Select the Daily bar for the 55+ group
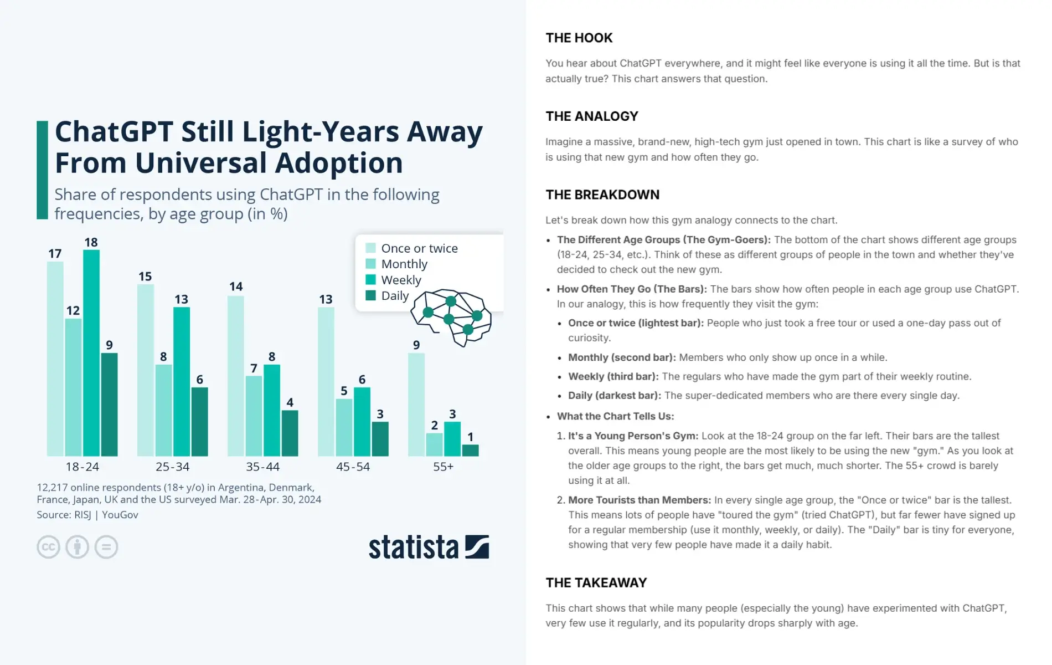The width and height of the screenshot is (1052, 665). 470,450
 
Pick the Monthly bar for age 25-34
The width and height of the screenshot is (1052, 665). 163,410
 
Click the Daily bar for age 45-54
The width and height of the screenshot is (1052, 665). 380,439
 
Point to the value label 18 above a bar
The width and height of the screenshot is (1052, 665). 91,242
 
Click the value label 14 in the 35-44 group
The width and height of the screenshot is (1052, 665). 236,287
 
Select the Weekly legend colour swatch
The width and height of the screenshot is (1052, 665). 370,280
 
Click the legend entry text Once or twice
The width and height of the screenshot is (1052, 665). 419,248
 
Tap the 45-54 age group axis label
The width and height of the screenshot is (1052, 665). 353,467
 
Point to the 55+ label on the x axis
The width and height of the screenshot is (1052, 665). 443,467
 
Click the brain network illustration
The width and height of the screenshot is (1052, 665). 451,318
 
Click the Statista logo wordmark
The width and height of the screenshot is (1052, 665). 414,548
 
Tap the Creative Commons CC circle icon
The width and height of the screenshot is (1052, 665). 49,547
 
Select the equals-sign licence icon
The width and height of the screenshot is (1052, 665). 106,547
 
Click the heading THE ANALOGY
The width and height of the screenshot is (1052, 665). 591,116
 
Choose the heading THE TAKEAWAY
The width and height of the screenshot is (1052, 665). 596,583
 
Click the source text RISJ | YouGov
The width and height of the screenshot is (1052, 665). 106,515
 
